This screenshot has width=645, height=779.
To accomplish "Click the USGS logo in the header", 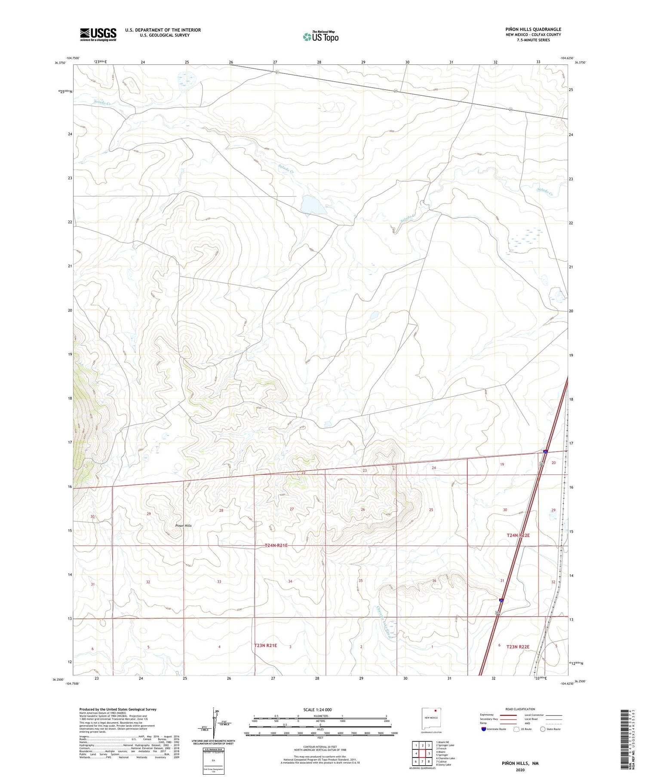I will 98,35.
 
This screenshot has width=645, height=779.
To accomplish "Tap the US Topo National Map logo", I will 320,37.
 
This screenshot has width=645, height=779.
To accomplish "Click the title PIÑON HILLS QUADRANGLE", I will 533,29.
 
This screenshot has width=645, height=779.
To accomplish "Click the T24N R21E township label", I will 276,546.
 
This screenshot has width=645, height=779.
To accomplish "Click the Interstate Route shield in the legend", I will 484,729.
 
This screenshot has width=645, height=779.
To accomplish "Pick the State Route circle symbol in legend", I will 543,729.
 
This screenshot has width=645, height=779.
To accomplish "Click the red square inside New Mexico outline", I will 436,710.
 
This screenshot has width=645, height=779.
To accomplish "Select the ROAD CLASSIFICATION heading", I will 520,709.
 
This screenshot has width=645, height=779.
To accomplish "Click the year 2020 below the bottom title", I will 520,770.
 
